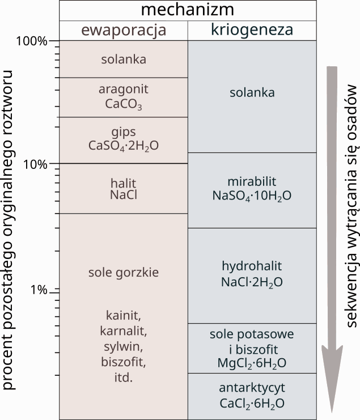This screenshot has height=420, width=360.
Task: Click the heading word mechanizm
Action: click(188, 10)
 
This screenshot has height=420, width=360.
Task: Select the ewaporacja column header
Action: click(124, 30)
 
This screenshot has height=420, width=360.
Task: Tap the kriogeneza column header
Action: click(252, 30)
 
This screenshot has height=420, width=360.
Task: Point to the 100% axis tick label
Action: click(32, 41)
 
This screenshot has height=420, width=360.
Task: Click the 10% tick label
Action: click(35, 164)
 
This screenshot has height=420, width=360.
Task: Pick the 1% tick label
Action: click(39, 290)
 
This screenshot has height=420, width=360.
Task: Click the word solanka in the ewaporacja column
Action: click(124, 59)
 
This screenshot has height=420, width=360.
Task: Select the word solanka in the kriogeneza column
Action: click(252, 93)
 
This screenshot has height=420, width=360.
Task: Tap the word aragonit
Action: click(124, 90)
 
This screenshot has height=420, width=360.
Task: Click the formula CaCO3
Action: click(124, 104)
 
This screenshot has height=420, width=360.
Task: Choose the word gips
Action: click(124, 132)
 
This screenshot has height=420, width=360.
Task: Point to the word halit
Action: click(124, 183)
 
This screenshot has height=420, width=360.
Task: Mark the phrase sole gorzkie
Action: click(124, 273)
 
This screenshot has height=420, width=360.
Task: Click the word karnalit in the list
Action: click(124, 331)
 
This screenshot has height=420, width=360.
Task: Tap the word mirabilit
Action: click(252, 181)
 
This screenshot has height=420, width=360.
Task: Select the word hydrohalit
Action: click(252, 266)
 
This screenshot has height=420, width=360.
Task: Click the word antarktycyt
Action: click(252, 388)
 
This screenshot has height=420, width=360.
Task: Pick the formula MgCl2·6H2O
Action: click(252, 363)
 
